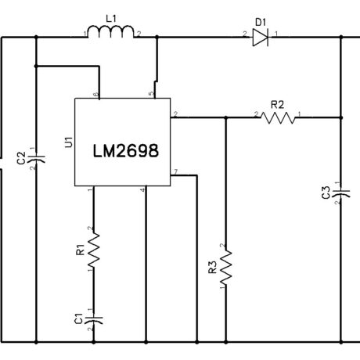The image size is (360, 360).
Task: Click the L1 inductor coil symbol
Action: (x=111, y=31)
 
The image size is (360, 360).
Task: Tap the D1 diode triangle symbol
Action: (x=261, y=38)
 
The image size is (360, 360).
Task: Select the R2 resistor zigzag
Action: (x=278, y=117)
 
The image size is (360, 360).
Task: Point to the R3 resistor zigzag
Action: (x=226, y=268)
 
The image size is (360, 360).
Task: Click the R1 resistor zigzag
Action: (x=94, y=250)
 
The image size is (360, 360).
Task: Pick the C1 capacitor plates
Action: (x=94, y=320)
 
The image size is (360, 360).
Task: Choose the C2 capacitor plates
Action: (x=36, y=159)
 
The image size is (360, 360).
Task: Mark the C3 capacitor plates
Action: (x=341, y=193)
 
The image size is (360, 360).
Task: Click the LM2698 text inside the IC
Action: (x=126, y=151)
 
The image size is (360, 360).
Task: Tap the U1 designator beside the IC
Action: (x=68, y=142)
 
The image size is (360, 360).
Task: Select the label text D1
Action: (x=261, y=23)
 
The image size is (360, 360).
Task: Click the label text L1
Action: (x=111, y=19)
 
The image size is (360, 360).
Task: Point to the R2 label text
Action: (x=277, y=105)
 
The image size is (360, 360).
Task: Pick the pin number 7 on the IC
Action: (x=176, y=171)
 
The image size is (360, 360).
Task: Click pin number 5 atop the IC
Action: (x=151, y=94)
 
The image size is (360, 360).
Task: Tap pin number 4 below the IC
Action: (x=142, y=190)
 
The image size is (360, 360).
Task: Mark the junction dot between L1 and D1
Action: (x=157, y=38)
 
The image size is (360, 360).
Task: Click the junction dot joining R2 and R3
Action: (x=226, y=117)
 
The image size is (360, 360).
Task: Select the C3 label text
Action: (x=326, y=193)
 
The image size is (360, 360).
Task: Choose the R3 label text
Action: (x=213, y=268)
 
